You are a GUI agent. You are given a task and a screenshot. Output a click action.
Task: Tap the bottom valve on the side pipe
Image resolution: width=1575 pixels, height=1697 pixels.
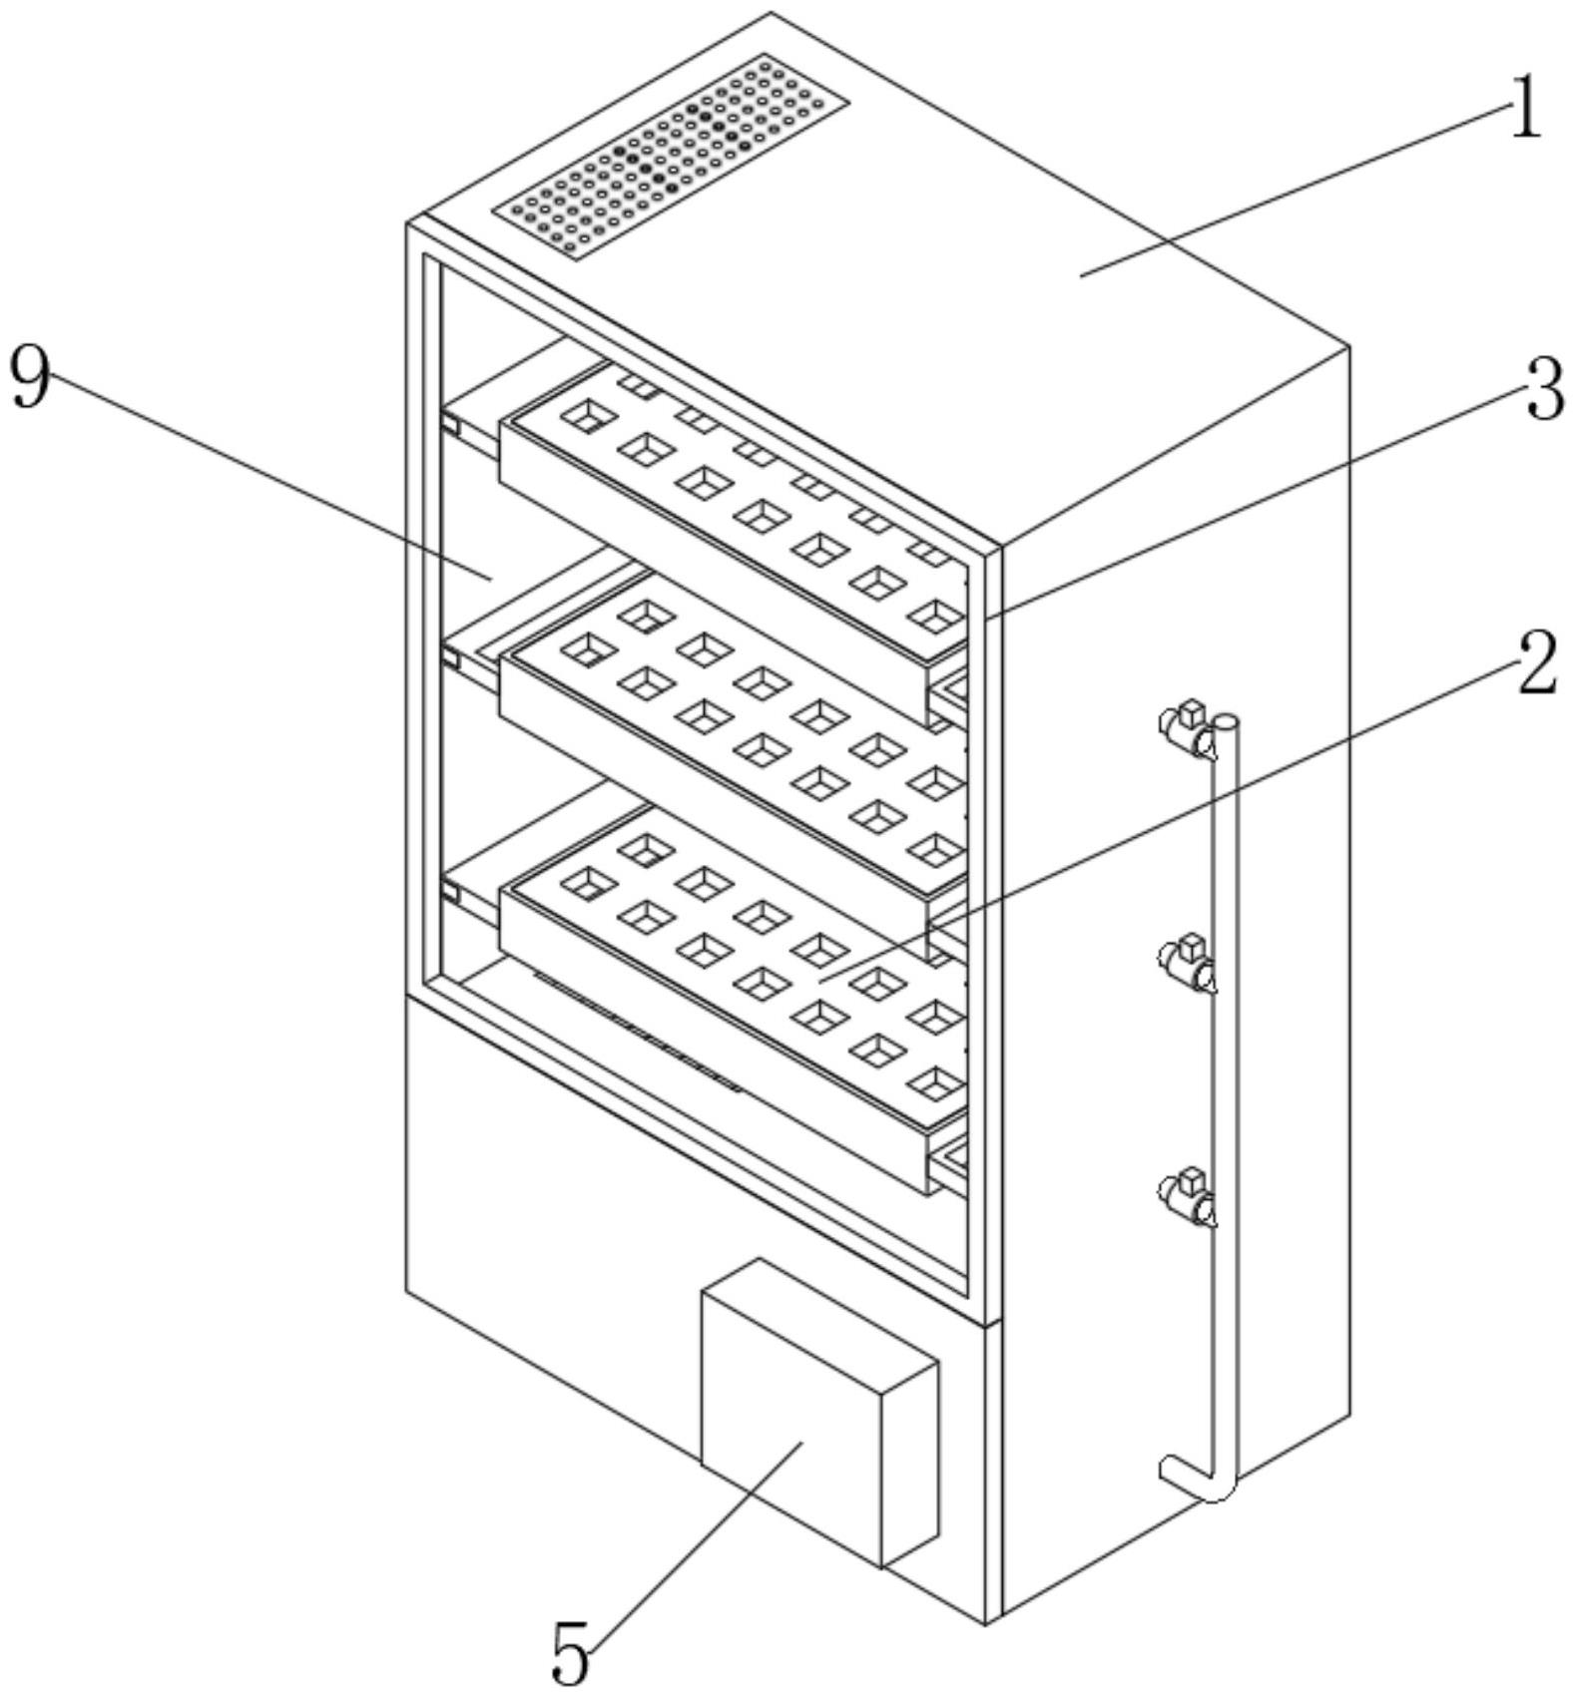pyautogui.click(x=1188, y=1196)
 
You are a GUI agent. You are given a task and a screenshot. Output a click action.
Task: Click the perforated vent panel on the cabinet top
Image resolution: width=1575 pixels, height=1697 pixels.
pyautogui.click(x=671, y=156)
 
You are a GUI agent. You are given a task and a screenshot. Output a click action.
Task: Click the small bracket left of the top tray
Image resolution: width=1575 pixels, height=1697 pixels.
pyautogui.click(x=450, y=424)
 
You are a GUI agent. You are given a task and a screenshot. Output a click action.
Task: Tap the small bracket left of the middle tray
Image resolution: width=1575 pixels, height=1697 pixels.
pyautogui.click(x=450, y=658)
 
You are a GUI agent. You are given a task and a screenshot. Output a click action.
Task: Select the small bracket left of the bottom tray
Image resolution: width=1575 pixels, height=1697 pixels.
pyautogui.click(x=450, y=893)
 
